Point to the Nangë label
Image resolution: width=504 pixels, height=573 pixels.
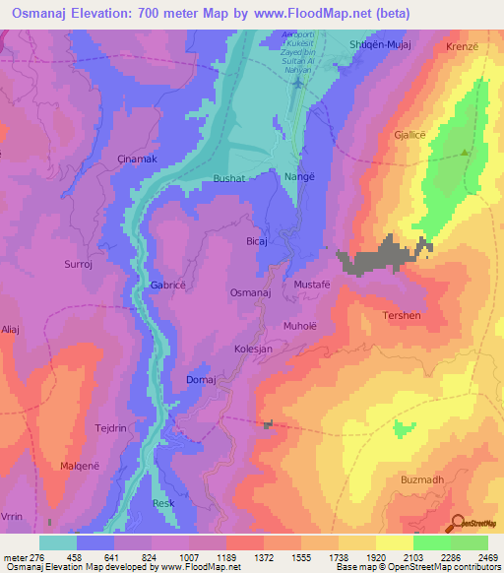tap(297, 179)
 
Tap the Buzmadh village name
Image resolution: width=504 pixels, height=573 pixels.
tap(424, 479)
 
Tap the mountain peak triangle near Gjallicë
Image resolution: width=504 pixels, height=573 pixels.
tap(465, 154)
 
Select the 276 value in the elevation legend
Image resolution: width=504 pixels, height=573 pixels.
tap(39, 556)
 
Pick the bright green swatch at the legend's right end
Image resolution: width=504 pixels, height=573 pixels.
tap(469, 542)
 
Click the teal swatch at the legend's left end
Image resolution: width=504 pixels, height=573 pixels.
tap(57, 542)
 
